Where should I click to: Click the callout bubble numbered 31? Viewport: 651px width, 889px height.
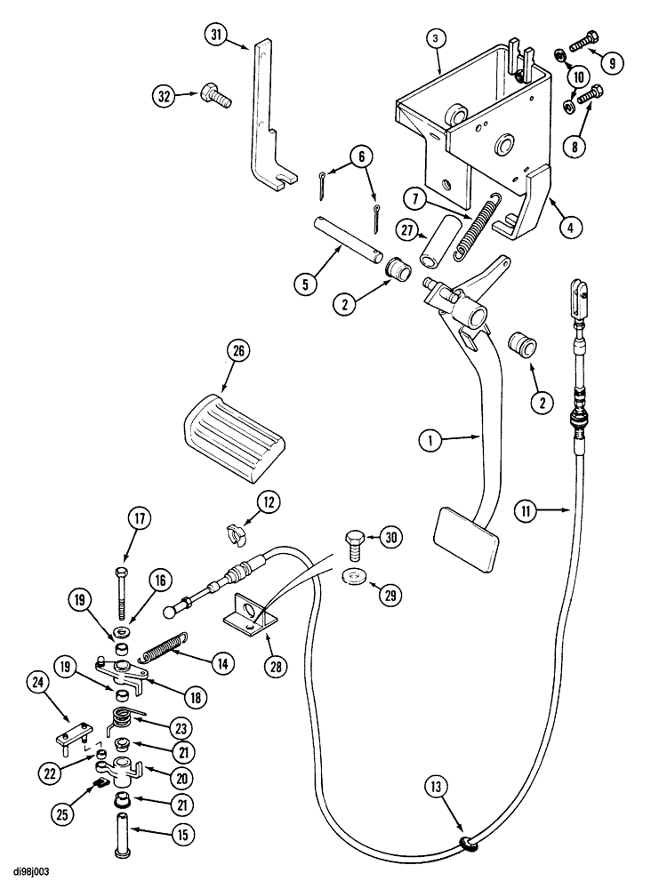[x=215, y=36]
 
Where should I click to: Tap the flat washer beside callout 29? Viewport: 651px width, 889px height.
[x=356, y=575]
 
